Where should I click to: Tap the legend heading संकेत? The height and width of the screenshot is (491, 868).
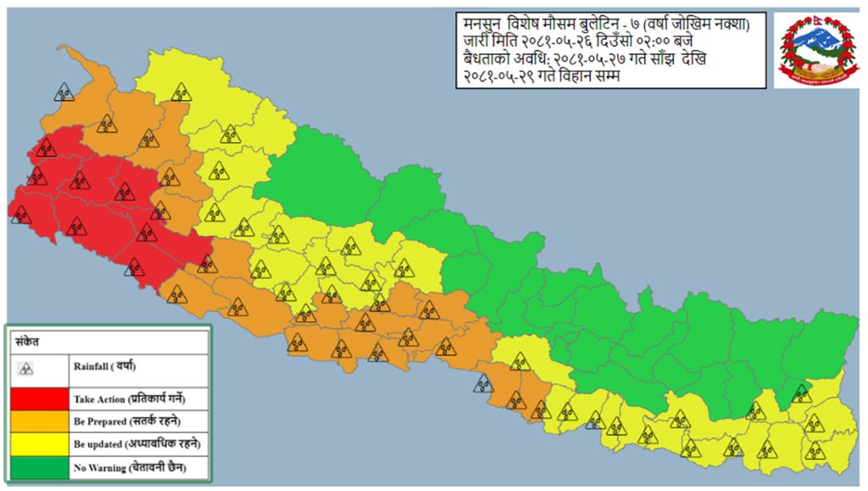[x=26, y=342]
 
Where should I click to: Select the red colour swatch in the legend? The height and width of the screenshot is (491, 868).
[x=38, y=398]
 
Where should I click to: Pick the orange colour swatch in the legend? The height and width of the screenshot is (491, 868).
[x=38, y=421]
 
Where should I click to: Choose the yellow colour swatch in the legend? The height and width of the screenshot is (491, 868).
[x=38, y=444]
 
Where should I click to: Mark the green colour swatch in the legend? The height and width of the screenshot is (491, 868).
[x=38, y=466]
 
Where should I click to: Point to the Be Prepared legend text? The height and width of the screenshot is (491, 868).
[x=101, y=421]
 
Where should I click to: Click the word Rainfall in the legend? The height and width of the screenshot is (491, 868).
[x=92, y=365]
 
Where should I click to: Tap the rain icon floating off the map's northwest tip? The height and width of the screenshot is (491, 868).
[x=63, y=92]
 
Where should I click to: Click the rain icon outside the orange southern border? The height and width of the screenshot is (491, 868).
[x=482, y=385]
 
